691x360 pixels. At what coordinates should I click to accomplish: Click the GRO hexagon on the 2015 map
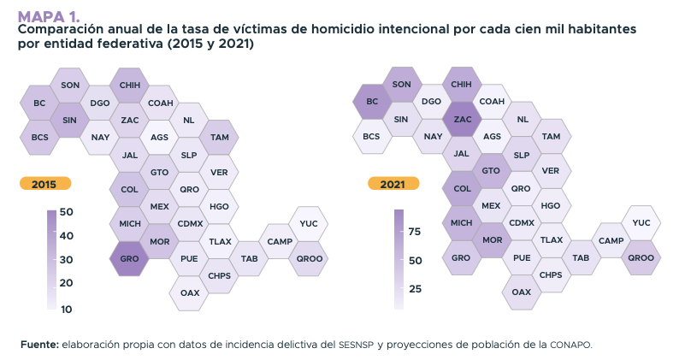pos(129,258)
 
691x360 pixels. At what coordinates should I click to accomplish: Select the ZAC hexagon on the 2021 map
pos(462,120)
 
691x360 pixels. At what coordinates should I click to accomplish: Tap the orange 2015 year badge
pos(44,183)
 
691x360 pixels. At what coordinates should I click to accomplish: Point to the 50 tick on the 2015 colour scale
pos(66,212)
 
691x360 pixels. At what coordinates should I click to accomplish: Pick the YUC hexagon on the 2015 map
pos(309,223)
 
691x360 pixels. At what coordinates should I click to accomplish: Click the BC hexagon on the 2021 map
pos(372,103)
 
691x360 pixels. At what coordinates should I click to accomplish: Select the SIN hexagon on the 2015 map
pos(69,120)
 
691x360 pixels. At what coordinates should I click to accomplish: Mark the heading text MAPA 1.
pos(49,15)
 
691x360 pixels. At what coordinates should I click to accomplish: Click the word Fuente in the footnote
pos(38,345)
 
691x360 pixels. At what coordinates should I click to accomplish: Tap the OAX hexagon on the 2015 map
pos(190,292)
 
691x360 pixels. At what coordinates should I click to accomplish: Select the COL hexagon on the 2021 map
pos(462,189)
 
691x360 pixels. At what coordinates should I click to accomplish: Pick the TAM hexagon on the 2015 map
pos(219,137)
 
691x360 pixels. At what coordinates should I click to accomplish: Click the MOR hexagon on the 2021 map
pos(492,241)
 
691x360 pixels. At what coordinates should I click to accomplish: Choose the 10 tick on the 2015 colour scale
pos(66,309)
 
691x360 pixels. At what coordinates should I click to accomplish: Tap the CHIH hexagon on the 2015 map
pos(129,86)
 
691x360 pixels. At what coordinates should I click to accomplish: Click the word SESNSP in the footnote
pos(352,345)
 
